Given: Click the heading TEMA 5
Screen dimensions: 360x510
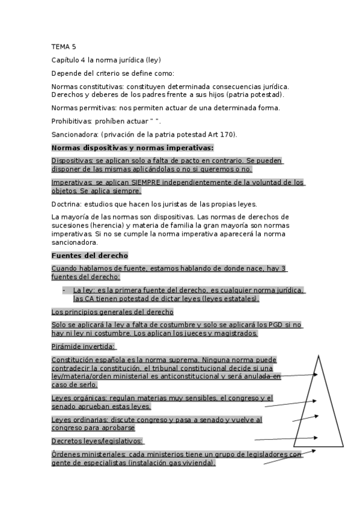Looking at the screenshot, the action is click(x=64, y=46).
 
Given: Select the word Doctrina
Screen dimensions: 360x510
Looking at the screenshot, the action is click(x=66, y=204).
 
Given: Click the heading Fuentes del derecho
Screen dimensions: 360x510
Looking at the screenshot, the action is click(x=90, y=256).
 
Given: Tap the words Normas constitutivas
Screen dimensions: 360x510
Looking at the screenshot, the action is click(x=88, y=87).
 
